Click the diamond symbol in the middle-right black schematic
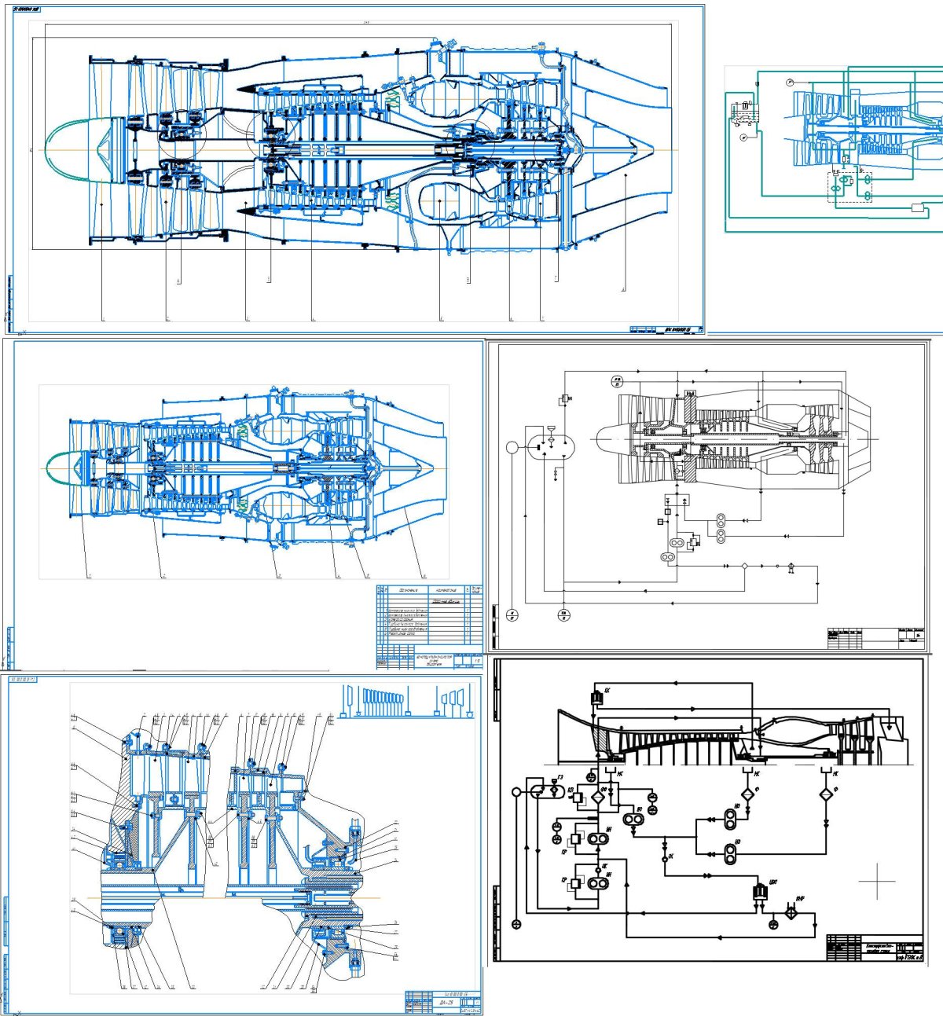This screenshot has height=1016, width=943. point(743,566)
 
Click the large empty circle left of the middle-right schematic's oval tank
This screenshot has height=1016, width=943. point(512,447)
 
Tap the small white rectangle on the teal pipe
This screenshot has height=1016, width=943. point(916,207)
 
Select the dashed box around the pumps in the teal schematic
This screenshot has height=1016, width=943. point(849,186)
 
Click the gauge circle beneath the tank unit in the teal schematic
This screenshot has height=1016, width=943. point(744,137)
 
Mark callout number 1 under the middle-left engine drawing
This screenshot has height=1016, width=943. point(90,576)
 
